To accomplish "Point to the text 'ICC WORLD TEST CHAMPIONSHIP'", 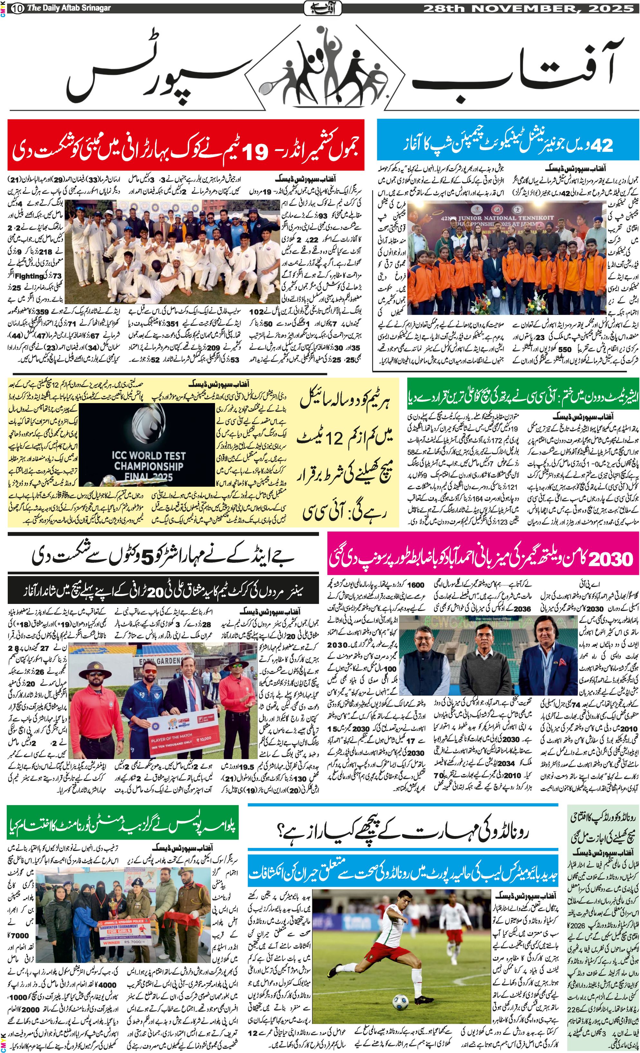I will click(149, 461).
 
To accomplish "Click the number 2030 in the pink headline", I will click(611, 558).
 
